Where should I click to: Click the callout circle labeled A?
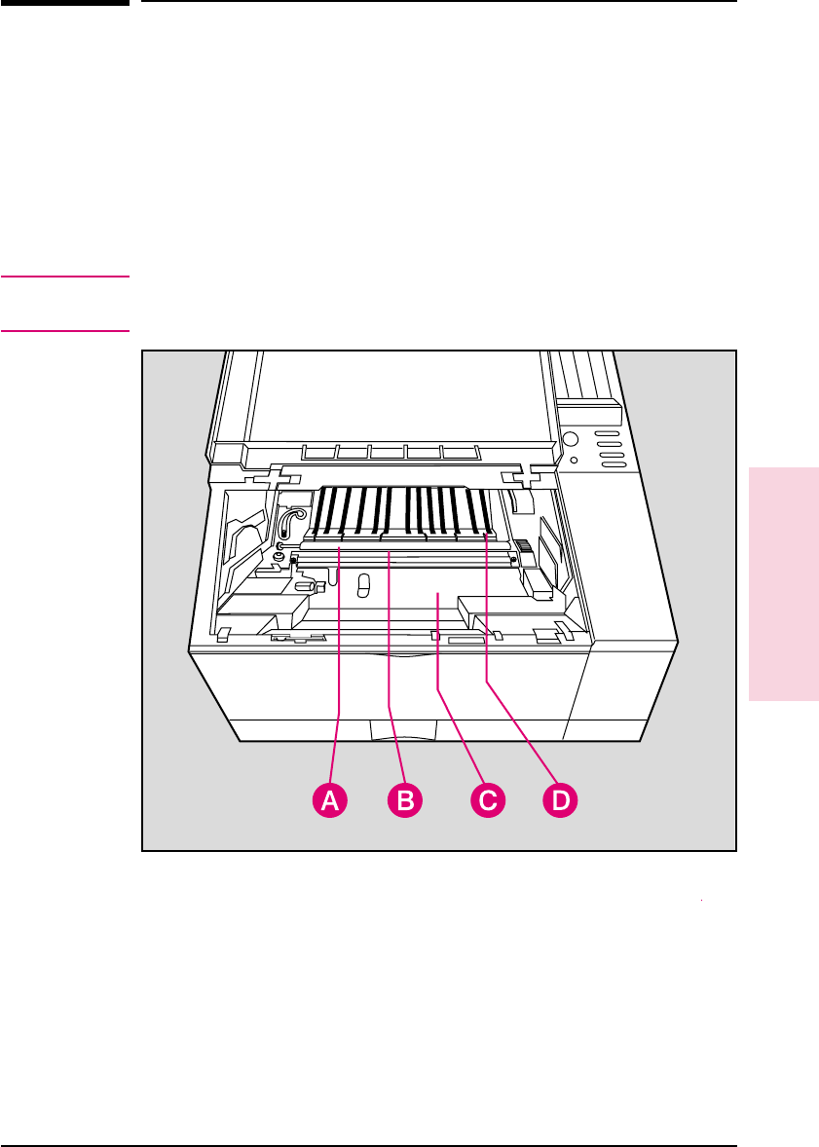330,800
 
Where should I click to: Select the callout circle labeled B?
405,800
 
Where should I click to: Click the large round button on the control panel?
571,438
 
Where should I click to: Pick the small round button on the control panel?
574,460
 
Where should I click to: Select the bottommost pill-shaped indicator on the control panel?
613,464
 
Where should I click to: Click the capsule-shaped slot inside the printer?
364,584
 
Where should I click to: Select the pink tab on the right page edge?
784,583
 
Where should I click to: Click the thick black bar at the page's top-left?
65,3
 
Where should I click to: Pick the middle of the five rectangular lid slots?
387,453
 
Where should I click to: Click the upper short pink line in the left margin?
65,277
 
